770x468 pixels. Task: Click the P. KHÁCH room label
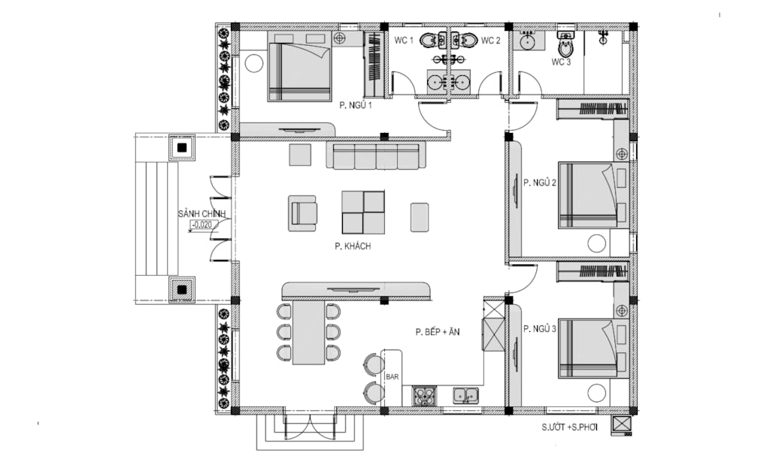coord(353,246)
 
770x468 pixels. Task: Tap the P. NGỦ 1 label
coord(356,105)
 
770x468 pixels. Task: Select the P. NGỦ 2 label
coord(540,183)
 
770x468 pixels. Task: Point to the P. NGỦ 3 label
coord(540,329)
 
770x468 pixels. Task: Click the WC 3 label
coord(561,62)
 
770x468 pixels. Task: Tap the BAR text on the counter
coord(393,377)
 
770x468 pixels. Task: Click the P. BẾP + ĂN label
coord(438,332)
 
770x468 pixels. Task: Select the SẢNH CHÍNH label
coord(202,214)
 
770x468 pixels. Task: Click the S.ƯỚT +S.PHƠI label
coord(570,427)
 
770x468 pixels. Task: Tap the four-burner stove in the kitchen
coord(424,396)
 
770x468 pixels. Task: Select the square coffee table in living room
coord(363,213)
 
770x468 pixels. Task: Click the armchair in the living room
coord(302,213)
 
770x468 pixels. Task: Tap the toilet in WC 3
coord(565,44)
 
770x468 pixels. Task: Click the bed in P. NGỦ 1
coord(299,66)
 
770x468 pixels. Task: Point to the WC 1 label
coord(404,41)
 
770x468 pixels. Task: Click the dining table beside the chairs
coord(309,333)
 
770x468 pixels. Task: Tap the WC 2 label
coord(490,41)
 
